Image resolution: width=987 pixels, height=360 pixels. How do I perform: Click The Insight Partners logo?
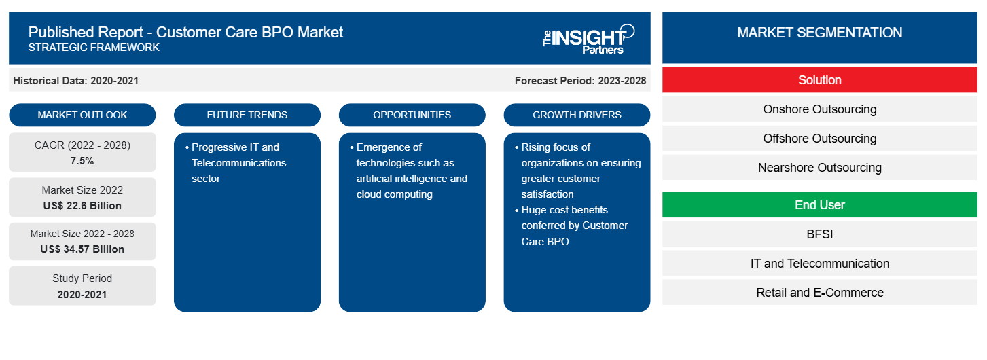click(588, 38)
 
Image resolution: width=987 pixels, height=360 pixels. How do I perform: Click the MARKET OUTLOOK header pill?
click(82, 115)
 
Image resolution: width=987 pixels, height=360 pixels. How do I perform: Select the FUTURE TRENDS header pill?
click(247, 115)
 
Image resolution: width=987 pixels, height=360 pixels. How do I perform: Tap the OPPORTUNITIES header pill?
click(412, 115)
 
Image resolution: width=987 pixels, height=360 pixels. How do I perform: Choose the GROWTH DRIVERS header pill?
click(577, 115)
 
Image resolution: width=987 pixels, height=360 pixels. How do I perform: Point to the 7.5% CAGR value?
click(82, 161)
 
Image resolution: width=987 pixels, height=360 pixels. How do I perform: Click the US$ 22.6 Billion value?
click(82, 206)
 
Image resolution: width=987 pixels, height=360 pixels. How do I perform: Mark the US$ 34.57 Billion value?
click(82, 249)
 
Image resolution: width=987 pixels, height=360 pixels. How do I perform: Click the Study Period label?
click(82, 278)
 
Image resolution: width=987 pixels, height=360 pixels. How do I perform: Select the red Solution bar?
click(819, 80)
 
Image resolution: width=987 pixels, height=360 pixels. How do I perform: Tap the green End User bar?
click(819, 205)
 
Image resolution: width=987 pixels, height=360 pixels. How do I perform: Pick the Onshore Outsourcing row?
click(819, 109)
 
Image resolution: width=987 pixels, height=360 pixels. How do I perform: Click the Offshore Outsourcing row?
click(819, 139)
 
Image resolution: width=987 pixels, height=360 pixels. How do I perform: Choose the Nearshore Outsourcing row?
click(819, 168)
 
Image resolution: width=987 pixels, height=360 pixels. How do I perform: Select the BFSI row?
click(819, 234)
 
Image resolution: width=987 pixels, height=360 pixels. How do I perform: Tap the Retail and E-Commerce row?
click(819, 293)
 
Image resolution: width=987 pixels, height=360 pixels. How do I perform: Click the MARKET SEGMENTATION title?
click(819, 33)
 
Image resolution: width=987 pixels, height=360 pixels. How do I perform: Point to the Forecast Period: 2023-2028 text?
click(580, 81)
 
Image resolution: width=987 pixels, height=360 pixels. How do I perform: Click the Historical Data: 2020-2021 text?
click(75, 81)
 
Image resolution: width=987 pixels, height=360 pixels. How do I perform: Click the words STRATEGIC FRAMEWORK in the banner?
click(94, 48)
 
